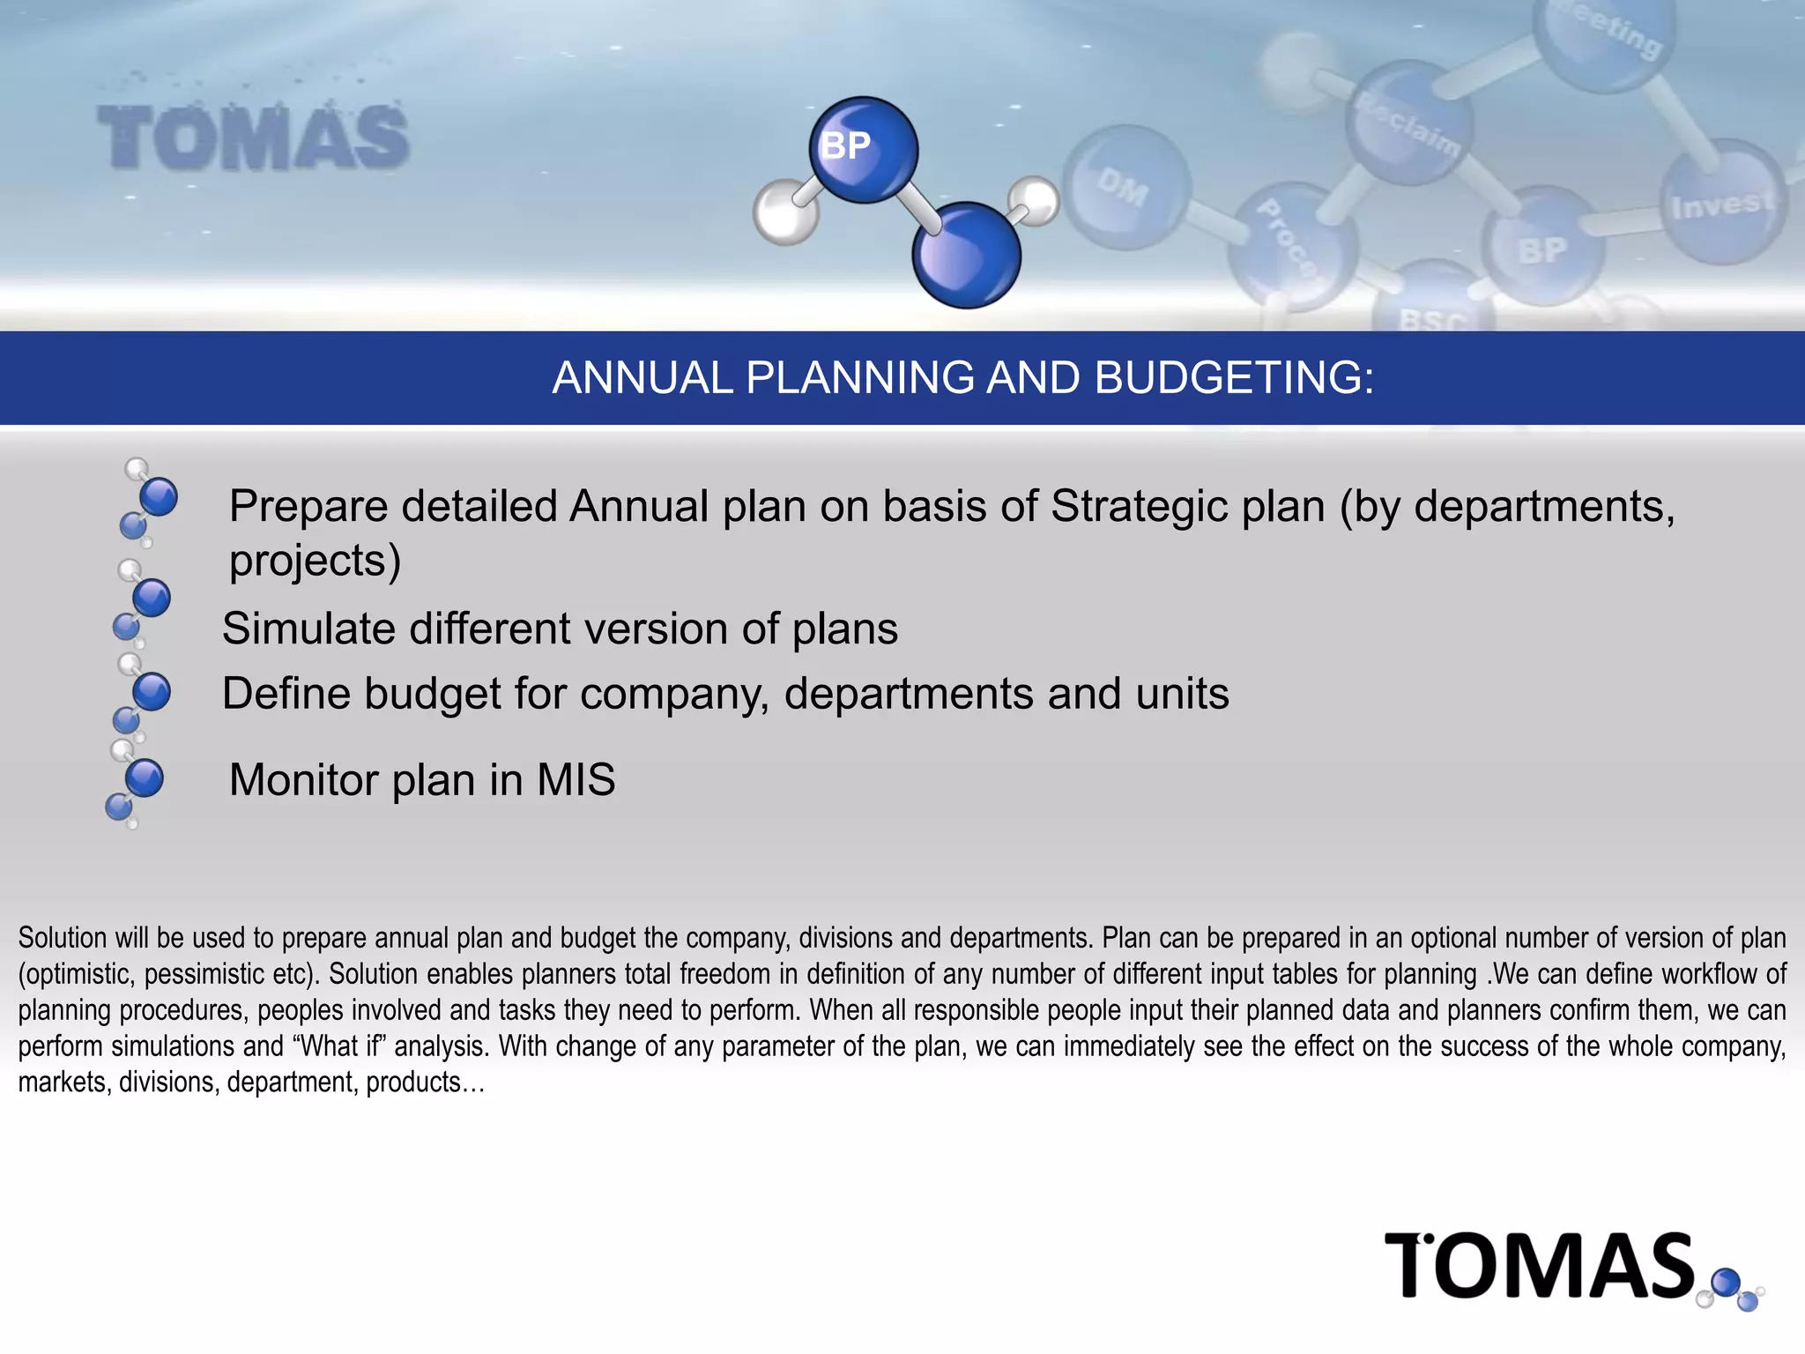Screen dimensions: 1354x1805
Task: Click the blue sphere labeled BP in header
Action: coord(863,149)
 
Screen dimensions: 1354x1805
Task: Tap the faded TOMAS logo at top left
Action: coord(253,138)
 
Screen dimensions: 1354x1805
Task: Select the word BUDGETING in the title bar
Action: coord(1234,378)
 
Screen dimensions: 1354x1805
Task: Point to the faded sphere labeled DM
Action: coord(1125,186)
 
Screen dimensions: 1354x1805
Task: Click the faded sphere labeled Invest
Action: coord(1722,204)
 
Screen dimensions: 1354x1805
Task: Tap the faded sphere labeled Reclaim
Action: coord(1408,123)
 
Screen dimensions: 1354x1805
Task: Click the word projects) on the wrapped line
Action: coord(315,562)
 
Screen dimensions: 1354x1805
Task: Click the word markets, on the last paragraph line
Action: coord(64,1082)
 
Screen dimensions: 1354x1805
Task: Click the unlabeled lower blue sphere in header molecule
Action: coord(966,256)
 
